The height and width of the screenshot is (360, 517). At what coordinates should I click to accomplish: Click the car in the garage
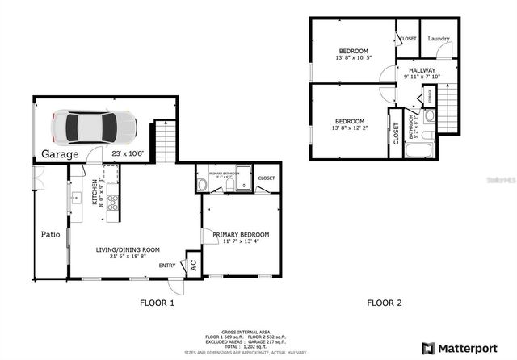click(94, 126)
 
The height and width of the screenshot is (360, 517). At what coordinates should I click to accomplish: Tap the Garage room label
click(61, 154)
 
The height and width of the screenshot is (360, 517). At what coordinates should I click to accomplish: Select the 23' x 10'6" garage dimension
click(128, 153)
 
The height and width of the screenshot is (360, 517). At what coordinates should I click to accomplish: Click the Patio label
click(51, 235)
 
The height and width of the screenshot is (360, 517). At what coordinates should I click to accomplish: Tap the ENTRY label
click(167, 265)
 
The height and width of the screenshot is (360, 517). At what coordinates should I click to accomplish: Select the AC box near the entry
click(192, 264)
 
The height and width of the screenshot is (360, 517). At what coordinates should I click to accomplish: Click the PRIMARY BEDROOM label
click(241, 234)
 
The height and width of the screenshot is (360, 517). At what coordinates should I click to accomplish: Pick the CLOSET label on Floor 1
click(266, 178)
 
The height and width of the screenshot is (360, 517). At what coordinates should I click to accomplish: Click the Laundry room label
click(439, 39)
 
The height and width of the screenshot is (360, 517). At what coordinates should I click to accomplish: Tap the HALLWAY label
click(422, 70)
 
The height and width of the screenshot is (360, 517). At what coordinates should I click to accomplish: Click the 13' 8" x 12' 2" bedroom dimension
click(351, 128)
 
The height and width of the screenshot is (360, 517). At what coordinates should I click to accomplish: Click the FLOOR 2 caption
click(385, 303)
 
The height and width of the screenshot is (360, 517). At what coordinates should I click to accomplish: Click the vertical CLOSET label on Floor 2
click(396, 134)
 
